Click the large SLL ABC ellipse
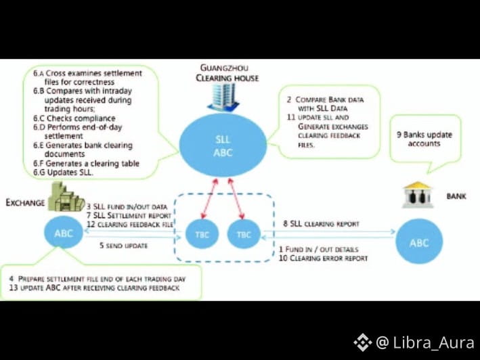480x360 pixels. pyautogui.click(x=223, y=145)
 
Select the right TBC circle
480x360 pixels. pyautogui.click(x=244, y=234)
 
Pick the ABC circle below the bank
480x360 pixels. pyautogui.click(x=420, y=242)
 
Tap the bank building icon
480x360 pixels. pyautogui.click(x=417, y=194)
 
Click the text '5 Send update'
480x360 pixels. pyautogui.click(x=123, y=246)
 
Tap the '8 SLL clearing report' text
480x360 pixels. pyautogui.click(x=320, y=223)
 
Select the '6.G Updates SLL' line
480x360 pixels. pyautogui.click(x=68, y=173)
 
